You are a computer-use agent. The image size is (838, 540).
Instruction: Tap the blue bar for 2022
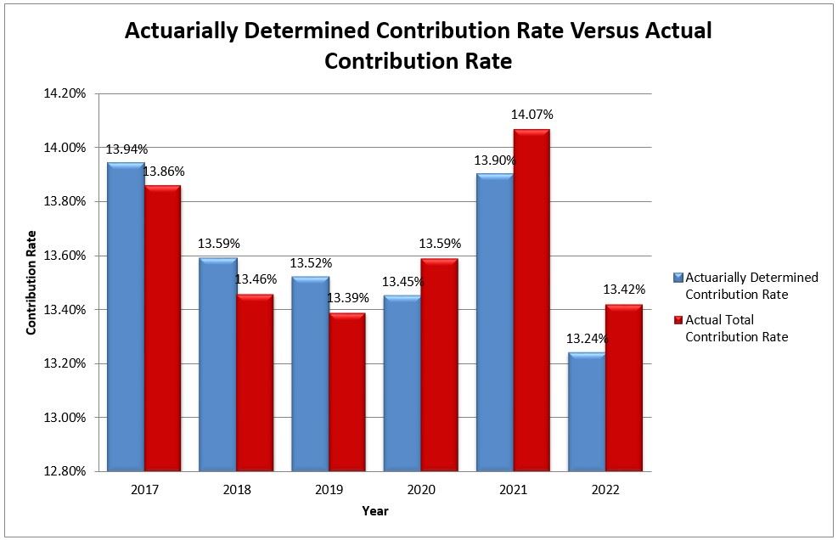587,412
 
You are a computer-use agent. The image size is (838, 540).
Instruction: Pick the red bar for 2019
346,391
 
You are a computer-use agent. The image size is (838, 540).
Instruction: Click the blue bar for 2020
402,383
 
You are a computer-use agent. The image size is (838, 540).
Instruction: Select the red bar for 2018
254,382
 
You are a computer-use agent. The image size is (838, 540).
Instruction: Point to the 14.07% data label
531,114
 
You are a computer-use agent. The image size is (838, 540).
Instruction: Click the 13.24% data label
586,338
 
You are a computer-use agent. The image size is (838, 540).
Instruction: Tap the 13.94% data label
127,149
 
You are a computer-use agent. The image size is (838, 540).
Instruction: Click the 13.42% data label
624,290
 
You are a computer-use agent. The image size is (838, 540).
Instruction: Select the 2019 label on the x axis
329,490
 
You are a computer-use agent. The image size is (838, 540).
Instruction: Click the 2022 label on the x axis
605,490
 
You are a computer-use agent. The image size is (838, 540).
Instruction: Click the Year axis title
374,511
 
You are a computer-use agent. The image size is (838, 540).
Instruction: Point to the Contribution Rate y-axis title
31,282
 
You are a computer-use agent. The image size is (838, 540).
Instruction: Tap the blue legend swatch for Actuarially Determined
678,278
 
